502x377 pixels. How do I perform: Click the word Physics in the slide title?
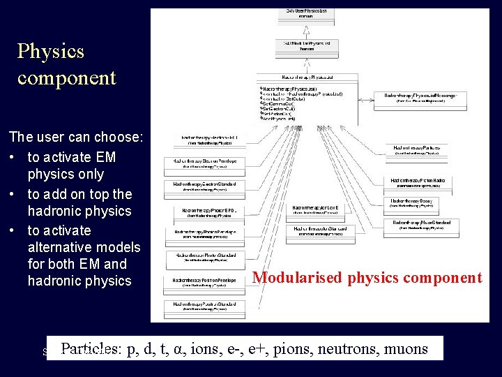click(51, 51)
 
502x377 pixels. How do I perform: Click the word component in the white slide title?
click(67, 77)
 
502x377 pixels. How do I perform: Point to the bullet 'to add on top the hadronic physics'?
click(79, 202)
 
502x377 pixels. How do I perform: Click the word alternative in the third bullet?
click(84, 247)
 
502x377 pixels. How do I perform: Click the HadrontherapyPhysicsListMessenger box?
click(416, 98)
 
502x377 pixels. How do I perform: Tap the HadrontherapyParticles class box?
click(416, 150)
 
